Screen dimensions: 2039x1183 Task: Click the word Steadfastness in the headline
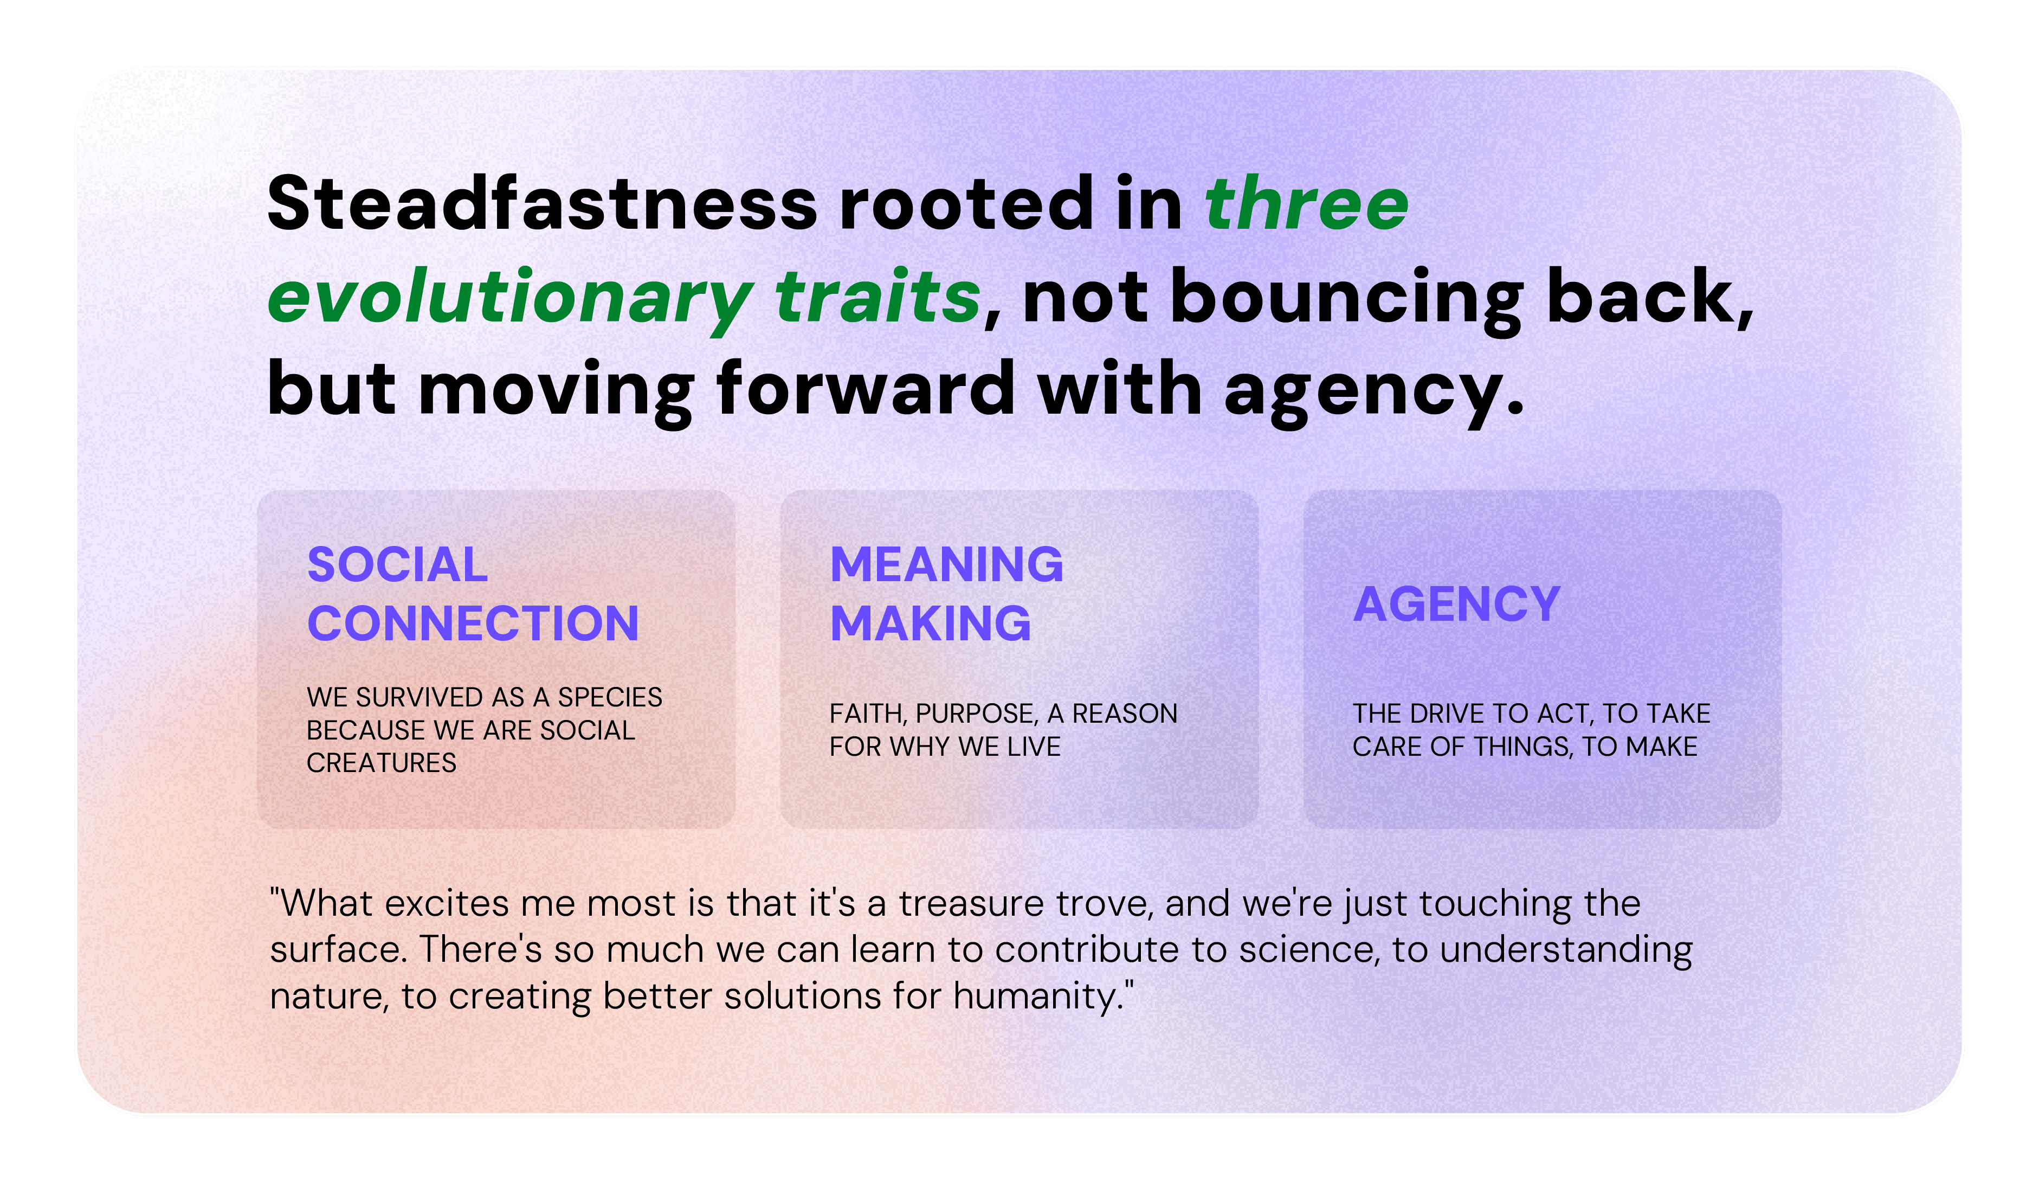point(542,203)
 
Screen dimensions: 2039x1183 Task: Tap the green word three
point(1307,203)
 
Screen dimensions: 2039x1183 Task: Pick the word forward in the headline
point(866,389)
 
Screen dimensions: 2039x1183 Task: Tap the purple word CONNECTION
point(473,624)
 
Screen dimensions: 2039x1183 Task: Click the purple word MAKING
point(931,624)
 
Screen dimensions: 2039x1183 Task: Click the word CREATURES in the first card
point(381,762)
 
